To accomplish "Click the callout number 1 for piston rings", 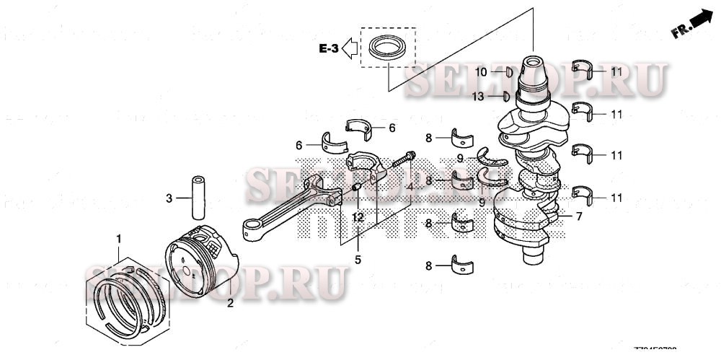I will coord(120,238).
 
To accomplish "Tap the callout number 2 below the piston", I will coord(230,304).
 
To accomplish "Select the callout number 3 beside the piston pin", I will coord(169,198).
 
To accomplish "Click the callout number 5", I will coord(357,258).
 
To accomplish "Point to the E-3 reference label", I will coord(329,49).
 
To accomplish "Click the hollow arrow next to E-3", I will coord(350,49).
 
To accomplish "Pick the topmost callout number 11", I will coord(616,72).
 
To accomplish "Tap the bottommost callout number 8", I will coord(428,266).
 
